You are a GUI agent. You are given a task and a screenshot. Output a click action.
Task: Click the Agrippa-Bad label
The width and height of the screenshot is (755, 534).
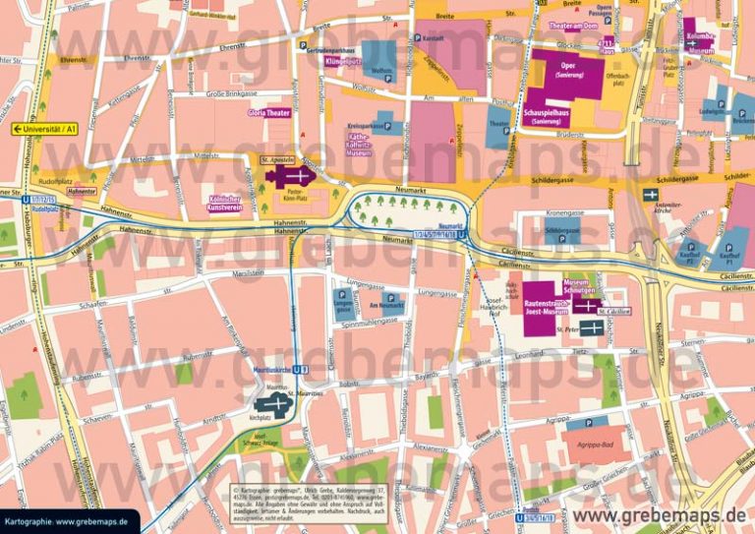(x=596, y=444)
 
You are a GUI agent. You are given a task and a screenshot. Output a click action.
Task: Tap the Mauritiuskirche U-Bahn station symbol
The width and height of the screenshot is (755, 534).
(x=306, y=370)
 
